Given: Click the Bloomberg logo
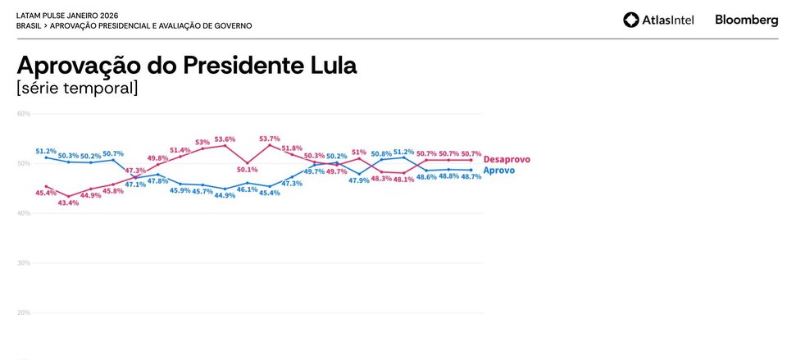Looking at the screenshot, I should (746, 20).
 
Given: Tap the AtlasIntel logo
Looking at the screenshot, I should (658, 20).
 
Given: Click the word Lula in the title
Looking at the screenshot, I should (328, 66).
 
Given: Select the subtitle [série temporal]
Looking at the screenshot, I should (77, 88).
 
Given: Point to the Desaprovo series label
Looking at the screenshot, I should (507, 159).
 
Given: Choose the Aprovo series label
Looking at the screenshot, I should (498, 170).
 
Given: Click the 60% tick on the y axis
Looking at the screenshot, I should (23, 113).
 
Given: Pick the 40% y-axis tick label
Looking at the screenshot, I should (23, 213).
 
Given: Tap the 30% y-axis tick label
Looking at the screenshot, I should (23, 263).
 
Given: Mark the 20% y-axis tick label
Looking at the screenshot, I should (23, 313).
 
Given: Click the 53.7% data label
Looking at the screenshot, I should (269, 139).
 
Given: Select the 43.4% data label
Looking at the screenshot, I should (68, 203).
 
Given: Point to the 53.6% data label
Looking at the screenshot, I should (225, 139).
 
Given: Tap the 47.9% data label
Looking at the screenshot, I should (359, 180).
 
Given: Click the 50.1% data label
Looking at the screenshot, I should (247, 170).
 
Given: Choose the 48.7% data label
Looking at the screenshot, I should (471, 177).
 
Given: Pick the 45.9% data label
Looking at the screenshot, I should (180, 190).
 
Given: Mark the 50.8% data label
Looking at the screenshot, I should (381, 154).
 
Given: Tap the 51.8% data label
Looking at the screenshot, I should (292, 148).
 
